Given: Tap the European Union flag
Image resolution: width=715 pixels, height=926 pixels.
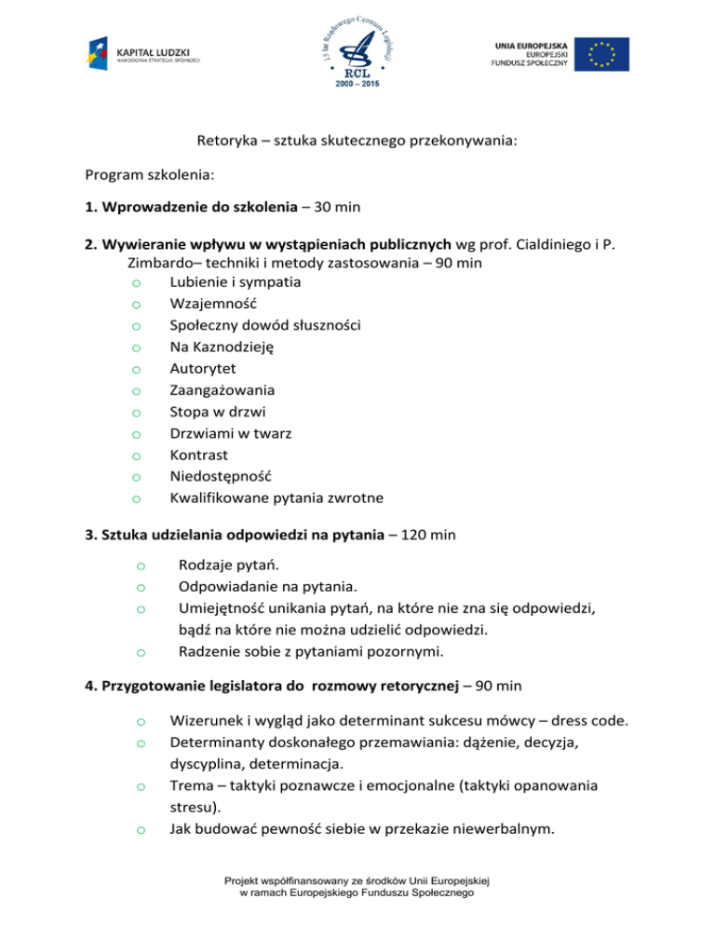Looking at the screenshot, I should coord(601,54).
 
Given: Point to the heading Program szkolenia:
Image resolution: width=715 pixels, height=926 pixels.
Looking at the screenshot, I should coord(156,174).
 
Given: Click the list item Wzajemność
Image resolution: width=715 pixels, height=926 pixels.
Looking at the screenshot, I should coord(213,304).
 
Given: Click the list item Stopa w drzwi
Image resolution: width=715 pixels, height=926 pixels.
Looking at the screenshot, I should coord(216,412).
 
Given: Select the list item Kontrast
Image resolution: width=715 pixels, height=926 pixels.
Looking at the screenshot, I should coord(199,455).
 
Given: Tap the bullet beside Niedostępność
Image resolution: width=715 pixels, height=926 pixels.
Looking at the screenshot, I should coord(136,478).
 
